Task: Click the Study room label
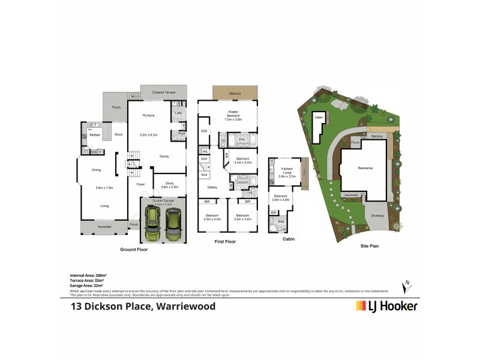pos(165,184)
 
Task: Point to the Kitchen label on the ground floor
pos(95,136)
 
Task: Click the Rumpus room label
pos(149,115)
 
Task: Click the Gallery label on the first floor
pos(212,187)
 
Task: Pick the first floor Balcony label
pos(235,92)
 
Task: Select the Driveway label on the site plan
pos(377,215)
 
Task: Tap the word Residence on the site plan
pos(366,168)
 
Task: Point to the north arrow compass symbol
pos(408,286)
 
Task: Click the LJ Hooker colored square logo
pos(362,306)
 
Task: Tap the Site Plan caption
pos(369,245)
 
